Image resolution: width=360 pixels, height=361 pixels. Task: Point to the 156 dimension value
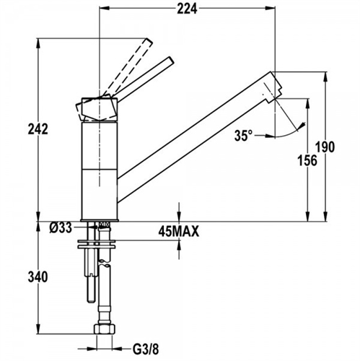coord(307,161)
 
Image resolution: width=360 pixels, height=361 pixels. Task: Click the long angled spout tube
coord(195,130)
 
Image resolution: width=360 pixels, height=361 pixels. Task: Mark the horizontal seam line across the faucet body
coord(98,170)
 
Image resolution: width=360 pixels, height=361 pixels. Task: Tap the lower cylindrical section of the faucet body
coord(98,193)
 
